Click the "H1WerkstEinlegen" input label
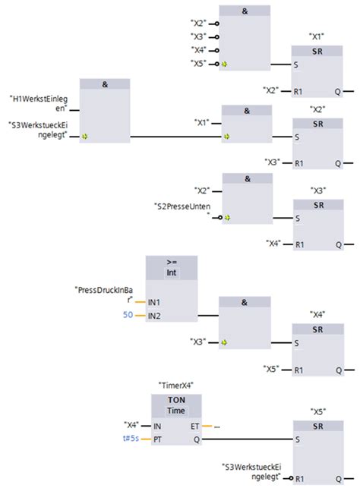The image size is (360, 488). (x=38, y=103)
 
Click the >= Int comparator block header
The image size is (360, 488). (x=171, y=268)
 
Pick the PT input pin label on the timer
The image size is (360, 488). (x=157, y=439)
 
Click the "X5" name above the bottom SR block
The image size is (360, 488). (x=317, y=411)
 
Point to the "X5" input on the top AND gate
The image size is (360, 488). (x=199, y=63)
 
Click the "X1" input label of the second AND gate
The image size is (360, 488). (x=202, y=122)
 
